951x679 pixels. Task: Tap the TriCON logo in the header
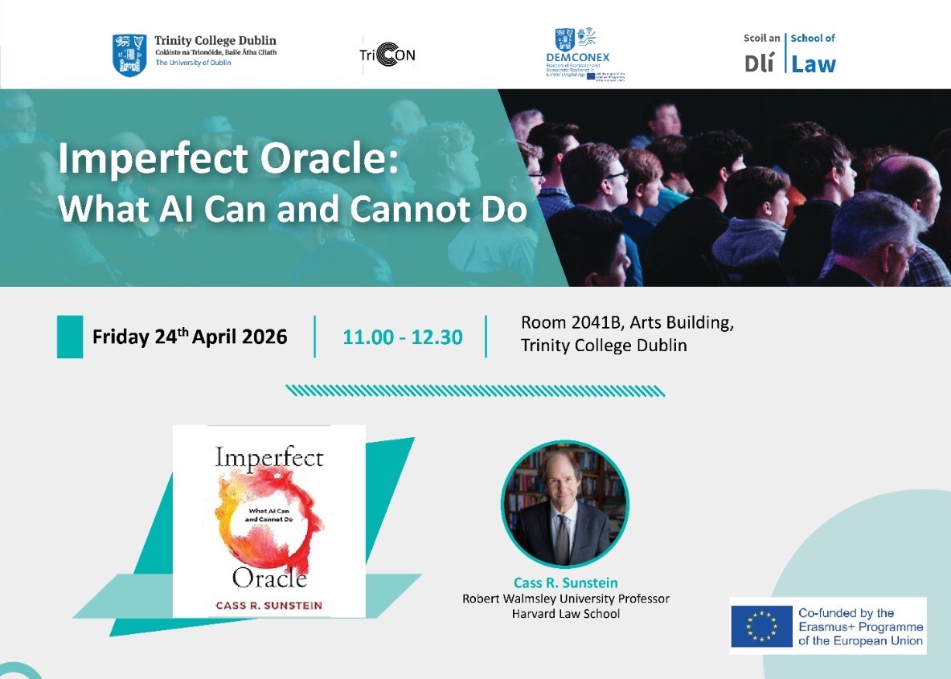pos(388,55)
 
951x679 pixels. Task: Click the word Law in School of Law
pos(814,64)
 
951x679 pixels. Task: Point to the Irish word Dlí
pos(760,64)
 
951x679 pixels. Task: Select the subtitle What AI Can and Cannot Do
pos(293,208)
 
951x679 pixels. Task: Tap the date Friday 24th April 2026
pos(190,337)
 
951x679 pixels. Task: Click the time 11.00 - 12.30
pos(402,337)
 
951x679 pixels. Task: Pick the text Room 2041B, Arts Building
pos(627,323)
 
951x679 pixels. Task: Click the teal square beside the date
pos(70,337)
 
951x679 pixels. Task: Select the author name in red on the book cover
pos(268,604)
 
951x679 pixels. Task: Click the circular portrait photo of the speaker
pos(564,504)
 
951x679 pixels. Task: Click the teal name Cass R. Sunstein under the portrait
pos(565,583)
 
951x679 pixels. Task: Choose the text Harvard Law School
pos(565,614)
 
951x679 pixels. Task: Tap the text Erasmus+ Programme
pos(860,627)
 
